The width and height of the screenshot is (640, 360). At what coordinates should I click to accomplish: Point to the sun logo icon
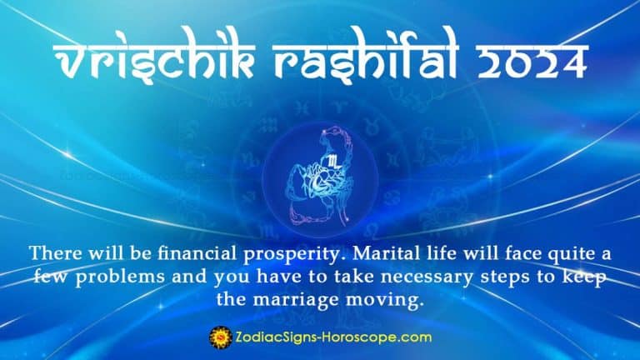218,337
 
